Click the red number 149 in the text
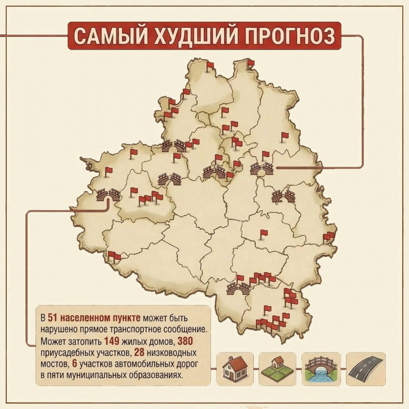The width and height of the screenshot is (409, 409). click(x=111, y=341)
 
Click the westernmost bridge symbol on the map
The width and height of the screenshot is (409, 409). click(x=108, y=195)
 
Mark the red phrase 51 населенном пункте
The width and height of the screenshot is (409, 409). click(x=95, y=318)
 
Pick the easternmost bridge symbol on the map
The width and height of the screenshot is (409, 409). click(x=284, y=195)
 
